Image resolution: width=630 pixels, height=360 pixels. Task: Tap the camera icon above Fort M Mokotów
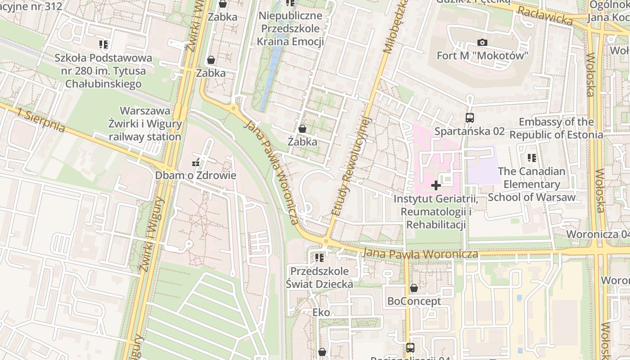click(x=482, y=43)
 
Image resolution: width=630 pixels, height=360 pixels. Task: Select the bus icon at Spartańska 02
click(x=469, y=118)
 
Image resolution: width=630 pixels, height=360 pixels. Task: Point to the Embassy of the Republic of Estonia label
click(x=556, y=128)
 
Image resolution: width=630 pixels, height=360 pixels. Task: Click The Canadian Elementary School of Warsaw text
click(x=531, y=184)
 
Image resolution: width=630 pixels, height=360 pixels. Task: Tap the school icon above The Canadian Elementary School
click(x=531, y=158)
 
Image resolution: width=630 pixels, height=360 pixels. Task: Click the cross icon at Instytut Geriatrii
click(x=436, y=185)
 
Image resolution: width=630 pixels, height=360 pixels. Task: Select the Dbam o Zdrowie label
click(x=195, y=175)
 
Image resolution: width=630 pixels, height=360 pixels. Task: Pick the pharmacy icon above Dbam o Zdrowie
click(x=196, y=162)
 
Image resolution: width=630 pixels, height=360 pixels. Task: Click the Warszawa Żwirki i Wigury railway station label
click(x=145, y=124)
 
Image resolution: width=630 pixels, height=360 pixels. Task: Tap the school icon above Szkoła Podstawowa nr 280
click(x=103, y=45)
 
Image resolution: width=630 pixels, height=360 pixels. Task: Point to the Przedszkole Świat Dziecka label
click(x=319, y=278)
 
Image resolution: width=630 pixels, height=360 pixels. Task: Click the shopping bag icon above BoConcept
click(x=414, y=288)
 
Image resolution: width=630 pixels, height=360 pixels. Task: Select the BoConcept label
click(x=414, y=301)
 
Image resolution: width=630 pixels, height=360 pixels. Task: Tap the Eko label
click(x=321, y=312)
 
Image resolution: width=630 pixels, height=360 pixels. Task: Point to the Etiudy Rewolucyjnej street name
click(x=351, y=166)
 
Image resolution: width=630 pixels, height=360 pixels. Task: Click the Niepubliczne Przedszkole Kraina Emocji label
click(x=290, y=29)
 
